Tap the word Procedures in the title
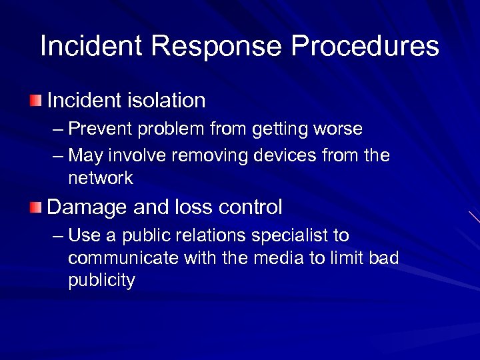pos(365,47)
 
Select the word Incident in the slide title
pos(91,47)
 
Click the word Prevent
pos(93,128)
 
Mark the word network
pos(100,178)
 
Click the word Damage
pos(88,207)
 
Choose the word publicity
pos(101,281)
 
